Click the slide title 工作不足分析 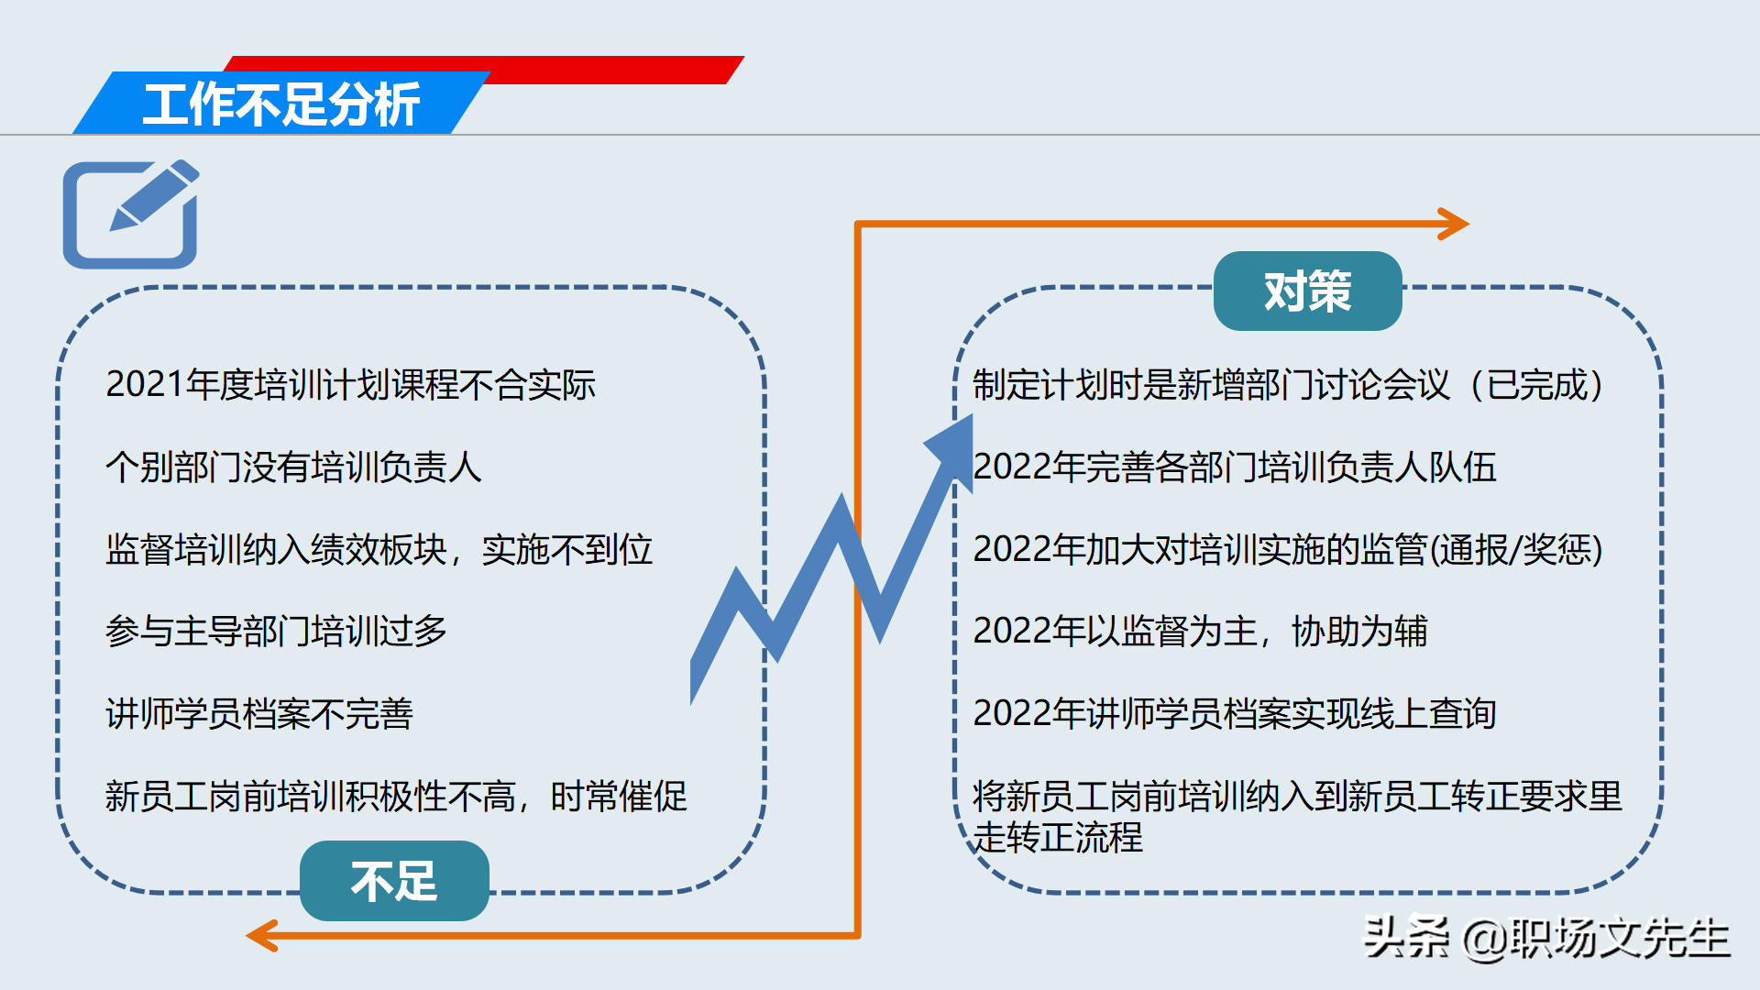[x=281, y=104]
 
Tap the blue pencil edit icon [x=131, y=214]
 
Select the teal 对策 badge [x=1307, y=291]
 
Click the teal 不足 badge [x=394, y=881]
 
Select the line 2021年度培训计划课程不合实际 [x=350, y=385]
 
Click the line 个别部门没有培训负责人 [x=293, y=467]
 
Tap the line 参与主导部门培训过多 [x=276, y=632]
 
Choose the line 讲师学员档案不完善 [x=259, y=714]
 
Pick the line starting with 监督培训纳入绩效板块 [x=379, y=549]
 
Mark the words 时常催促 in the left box [x=619, y=796]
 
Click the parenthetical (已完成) [x=1536, y=385]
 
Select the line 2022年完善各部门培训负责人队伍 [x=1234, y=467]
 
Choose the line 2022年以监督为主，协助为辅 [x=1200, y=632]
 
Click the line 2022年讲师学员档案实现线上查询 [x=1234, y=714]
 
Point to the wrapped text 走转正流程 [x=1058, y=837]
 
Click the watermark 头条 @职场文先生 [x=1546, y=937]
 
